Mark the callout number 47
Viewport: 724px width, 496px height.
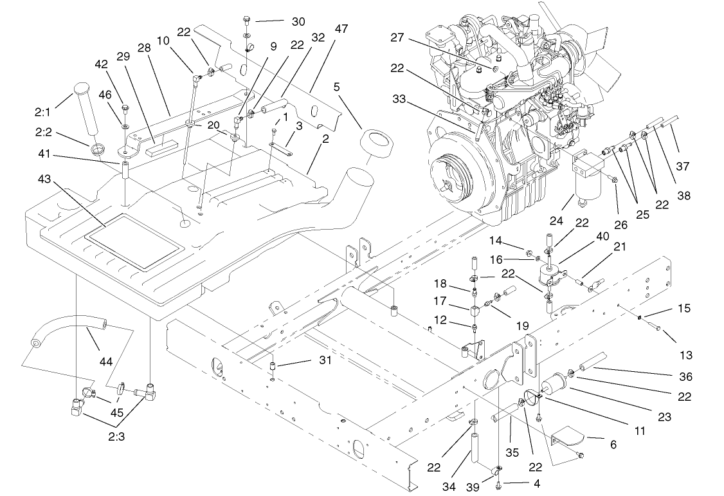point(341,29)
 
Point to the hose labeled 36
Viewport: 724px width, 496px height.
point(593,360)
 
